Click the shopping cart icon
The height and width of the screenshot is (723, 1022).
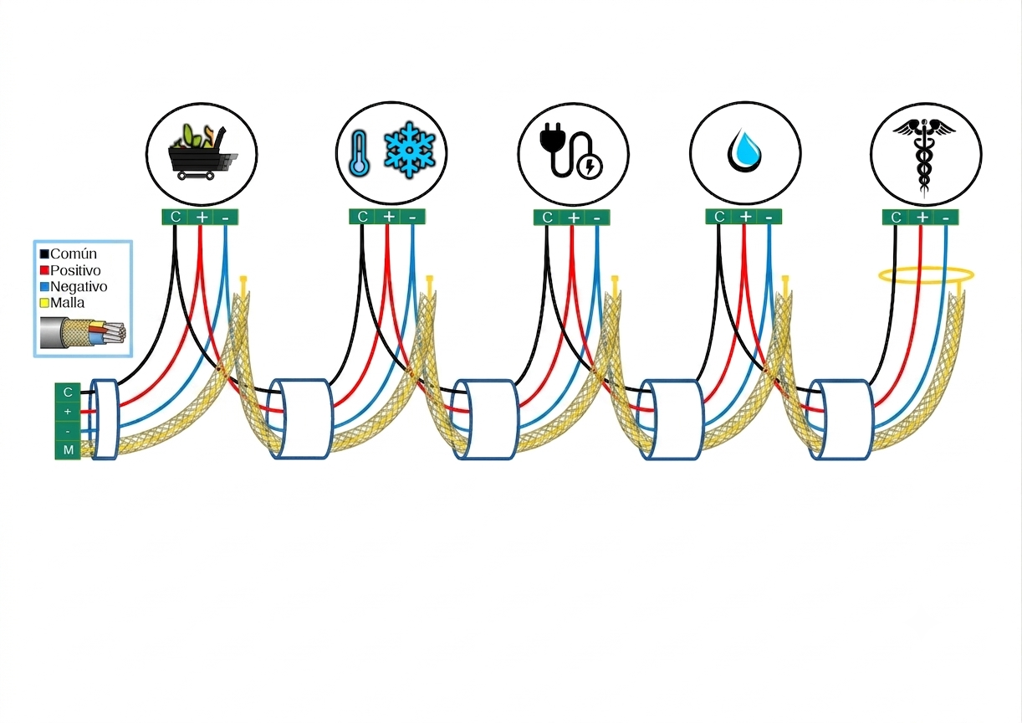tap(203, 152)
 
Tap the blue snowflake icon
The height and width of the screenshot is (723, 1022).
tap(409, 149)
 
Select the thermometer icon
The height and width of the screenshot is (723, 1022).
tap(360, 152)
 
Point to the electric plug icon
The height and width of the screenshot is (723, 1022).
tap(571, 151)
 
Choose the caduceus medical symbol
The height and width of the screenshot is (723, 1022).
tap(924, 155)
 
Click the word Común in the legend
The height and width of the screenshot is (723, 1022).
tap(74, 254)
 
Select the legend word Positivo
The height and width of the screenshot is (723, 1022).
tap(75, 270)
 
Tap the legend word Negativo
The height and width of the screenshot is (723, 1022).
tap(79, 287)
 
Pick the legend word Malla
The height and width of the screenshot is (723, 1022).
tap(68, 303)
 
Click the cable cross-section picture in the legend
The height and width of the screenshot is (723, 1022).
tap(83, 333)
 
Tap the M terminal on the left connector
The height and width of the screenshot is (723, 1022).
tap(68, 450)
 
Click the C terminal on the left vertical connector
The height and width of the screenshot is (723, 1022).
tap(68, 392)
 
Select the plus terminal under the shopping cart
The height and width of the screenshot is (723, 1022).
tap(202, 218)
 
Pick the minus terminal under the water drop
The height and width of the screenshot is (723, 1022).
tap(769, 218)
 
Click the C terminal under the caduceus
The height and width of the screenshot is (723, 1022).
tap(896, 218)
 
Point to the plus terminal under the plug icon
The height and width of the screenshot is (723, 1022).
tap(573, 218)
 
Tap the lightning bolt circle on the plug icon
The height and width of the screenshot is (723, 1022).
tap(590, 167)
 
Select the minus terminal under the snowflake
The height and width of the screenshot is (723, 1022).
tap(412, 217)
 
